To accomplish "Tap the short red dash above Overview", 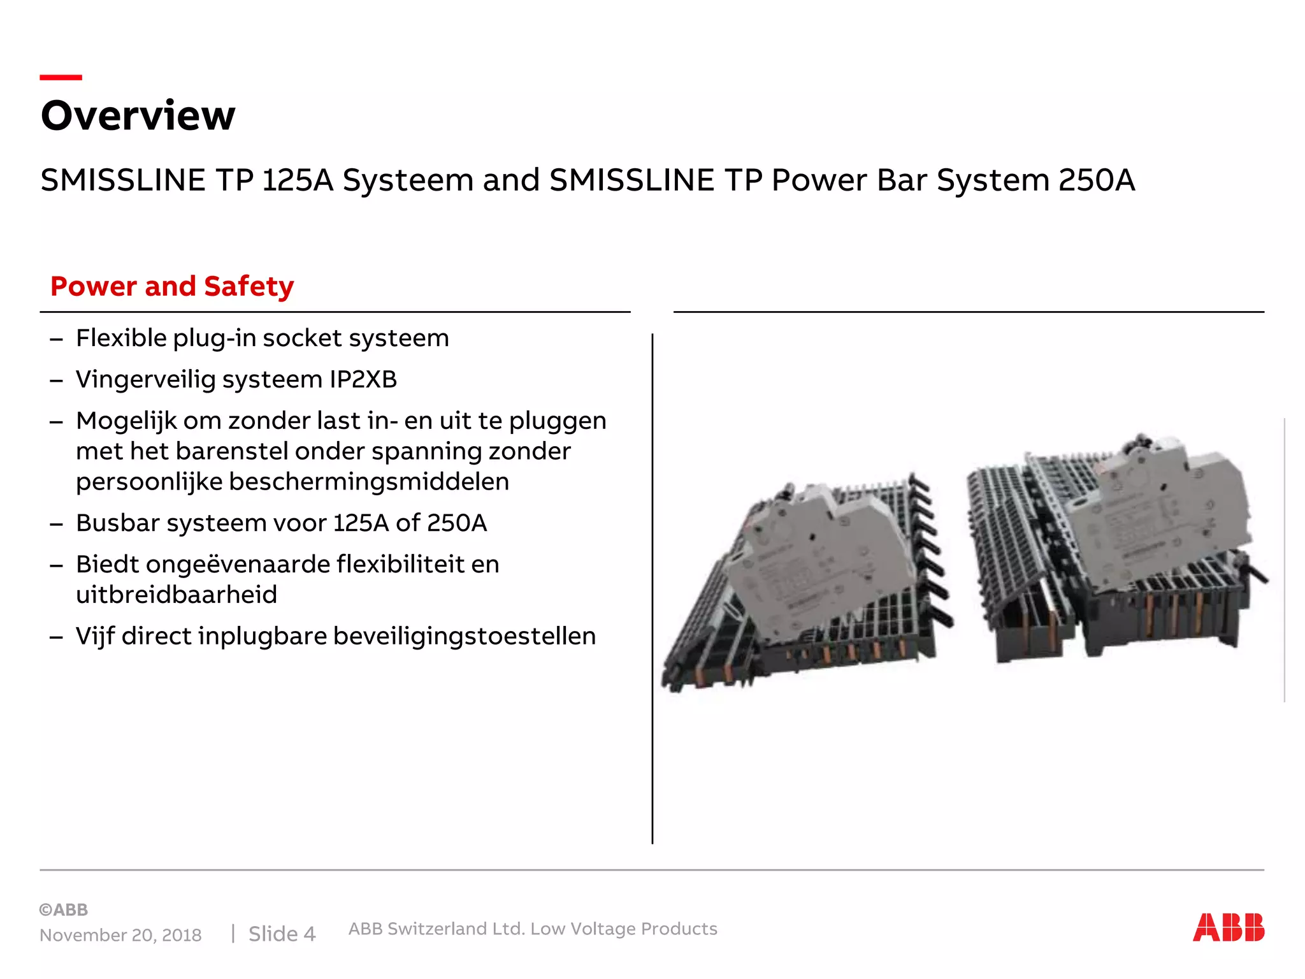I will click(x=61, y=77).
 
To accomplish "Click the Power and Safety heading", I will click(x=172, y=286).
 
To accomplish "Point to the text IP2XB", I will click(x=363, y=379).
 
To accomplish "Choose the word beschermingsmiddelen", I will click(x=369, y=482).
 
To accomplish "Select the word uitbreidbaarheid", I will click(x=177, y=595).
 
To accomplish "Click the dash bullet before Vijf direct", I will click(x=56, y=637).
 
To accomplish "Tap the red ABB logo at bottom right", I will click(x=1228, y=927).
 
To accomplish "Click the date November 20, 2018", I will click(x=120, y=935).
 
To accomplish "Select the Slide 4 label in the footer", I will click(x=282, y=934).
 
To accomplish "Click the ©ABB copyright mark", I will click(x=64, y=910).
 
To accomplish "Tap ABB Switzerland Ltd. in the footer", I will click(x=436, y=929).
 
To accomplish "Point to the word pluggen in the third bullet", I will click(x=558, y=421).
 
